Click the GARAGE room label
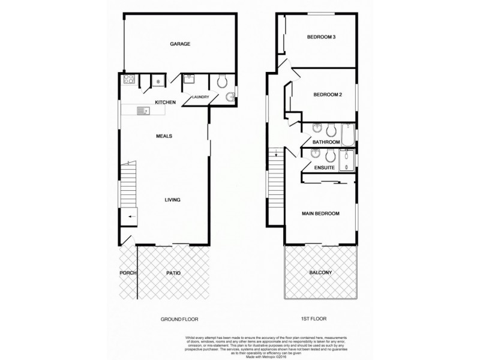(x=180, y=44)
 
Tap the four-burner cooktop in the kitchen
(x=128, y=79)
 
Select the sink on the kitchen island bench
(x=143, y=110)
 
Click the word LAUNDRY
(x=200, y=97)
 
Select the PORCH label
(x=128, y=273)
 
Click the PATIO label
(x=173, y=273)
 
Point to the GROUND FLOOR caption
(x=179, y=319)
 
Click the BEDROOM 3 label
(x=321, y=37)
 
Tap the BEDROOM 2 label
(x=327, y=94)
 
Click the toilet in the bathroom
(x=330, y=128)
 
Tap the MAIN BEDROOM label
(x=321, y=214)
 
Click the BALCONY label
(x=320, y=273)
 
